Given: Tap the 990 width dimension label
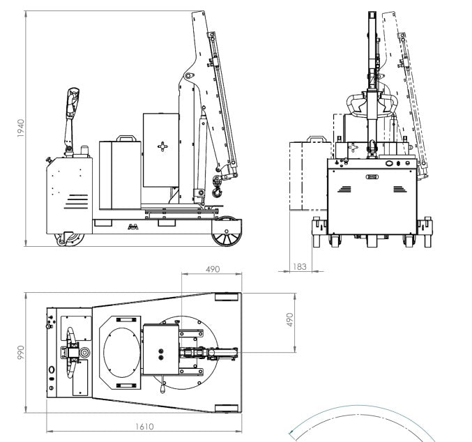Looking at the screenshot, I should pyautogui.click(x=21, y=353).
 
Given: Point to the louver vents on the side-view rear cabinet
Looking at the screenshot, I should pyautogui.click(x=77, y=201).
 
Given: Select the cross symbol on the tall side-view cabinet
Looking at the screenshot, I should pyautogui.click(x=163, y=146).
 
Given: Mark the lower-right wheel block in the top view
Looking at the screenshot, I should pyautogui.click(x=227, y=409).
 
